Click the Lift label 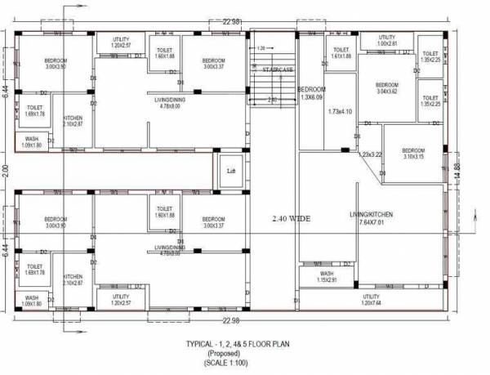pos(229,171)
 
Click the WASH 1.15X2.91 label pos(327,277)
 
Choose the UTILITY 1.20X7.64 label pos(371,299)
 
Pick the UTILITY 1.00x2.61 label pos(386,41)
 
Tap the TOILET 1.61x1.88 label pos(341,53)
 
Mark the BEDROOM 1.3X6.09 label pos(312,92)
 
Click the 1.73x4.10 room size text pos(339,111)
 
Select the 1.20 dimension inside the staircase pos(261,48)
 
